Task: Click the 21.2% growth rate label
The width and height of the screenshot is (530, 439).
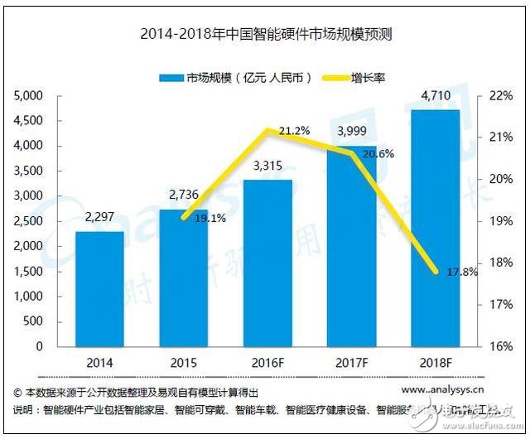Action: tap(295, 130)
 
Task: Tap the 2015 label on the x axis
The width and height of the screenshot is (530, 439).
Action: tap(183, 363)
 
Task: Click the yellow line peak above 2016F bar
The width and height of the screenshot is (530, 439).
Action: tap(267, 130)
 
